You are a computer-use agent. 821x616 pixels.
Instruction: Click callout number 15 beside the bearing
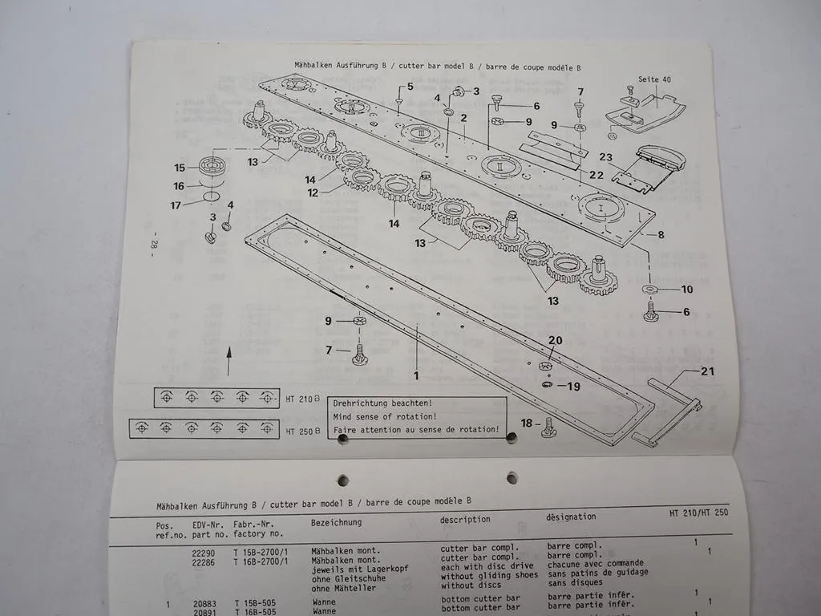(x=180, y=168)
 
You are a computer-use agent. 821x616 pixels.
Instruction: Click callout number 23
(x=605, y=158)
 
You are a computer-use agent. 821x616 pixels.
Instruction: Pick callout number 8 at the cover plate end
(x=661, y=235)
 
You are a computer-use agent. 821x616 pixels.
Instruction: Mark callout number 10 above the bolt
(x=686, y=289)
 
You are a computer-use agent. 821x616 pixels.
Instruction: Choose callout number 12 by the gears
(x=313, y=192)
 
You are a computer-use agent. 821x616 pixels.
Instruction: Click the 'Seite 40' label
(x=654, y=79)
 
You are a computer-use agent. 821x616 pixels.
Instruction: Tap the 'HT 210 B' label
(x=302, y=398)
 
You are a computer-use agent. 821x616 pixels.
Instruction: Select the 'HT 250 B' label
(x=302, y=430)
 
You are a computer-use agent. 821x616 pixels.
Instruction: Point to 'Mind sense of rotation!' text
(x=385, y=416)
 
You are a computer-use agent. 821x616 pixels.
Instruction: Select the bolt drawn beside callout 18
(x=549, y=427)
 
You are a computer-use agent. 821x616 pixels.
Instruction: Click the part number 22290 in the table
(x=204, y=552)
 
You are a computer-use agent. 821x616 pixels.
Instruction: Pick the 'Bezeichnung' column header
(x=336, y=522)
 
